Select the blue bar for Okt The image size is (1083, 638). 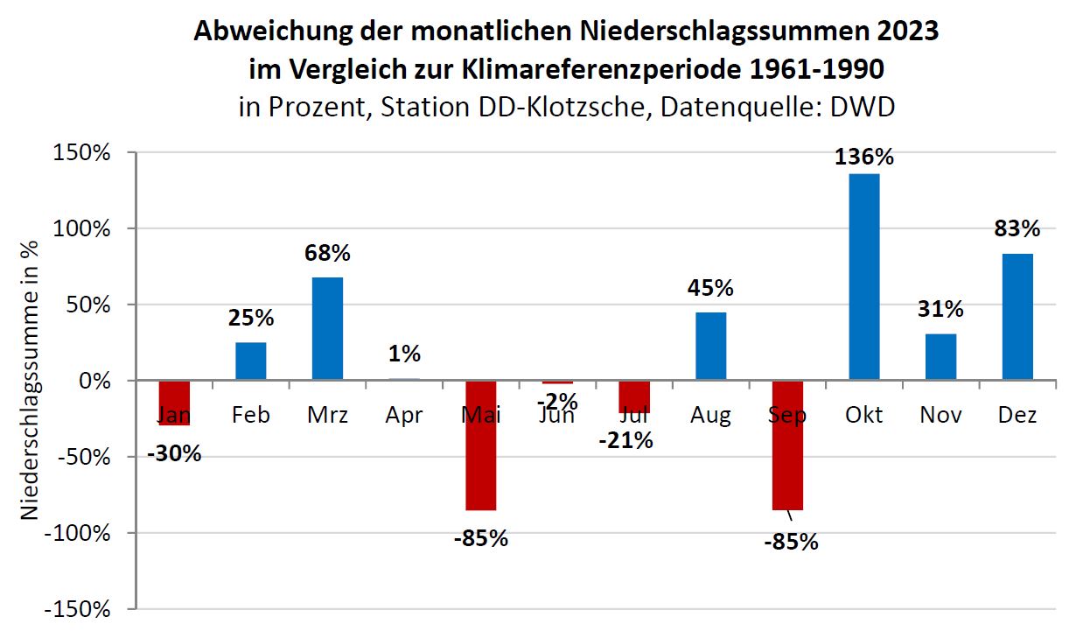[x=863, y=277]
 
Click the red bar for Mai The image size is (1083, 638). [x=480, y=445]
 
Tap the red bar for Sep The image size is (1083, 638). [x=786, y=445]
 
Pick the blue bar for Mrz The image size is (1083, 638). [x=327, y=328]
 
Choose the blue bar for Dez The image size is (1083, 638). [x=1017, y=317]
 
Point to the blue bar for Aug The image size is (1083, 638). [x=710, y=346]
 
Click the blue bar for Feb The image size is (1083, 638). [x=251, y=361]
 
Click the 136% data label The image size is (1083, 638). [x=864, y=158]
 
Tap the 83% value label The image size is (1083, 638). [x=1017, y=229]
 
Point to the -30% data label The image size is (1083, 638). [x=174, y=454]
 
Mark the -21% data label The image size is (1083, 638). [x=625, y=441]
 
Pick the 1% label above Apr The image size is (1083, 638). [x=404, y=354]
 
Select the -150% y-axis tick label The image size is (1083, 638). [x=80, y=609]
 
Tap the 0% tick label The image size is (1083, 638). [x=94, y=382]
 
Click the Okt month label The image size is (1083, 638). [x=863, y=414]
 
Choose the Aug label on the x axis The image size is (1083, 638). [x=710, y=414]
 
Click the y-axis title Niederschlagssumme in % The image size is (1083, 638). [x=31, y=382]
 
